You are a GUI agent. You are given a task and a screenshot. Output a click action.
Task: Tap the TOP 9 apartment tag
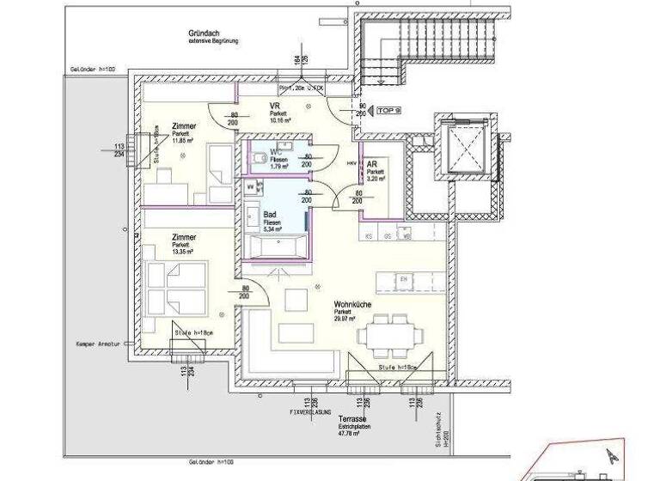click(389, 111)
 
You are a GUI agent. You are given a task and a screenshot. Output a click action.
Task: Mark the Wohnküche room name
click(354, 303)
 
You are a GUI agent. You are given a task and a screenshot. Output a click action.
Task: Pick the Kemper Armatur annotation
click(101, 342)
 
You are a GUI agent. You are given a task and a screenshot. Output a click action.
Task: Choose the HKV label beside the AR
click(351, 161)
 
